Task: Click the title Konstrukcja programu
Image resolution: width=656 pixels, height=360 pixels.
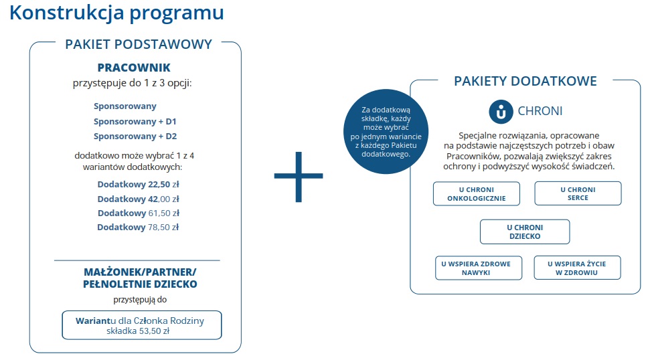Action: point(116,13)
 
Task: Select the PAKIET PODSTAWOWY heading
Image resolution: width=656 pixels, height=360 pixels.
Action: point(139,44)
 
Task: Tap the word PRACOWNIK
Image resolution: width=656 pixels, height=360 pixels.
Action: point(134,68)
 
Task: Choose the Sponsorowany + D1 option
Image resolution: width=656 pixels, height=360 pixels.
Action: point(135,121)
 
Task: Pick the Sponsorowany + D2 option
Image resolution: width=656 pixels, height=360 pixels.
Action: point(135,137)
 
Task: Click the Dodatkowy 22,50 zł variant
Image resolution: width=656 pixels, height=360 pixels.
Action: point(138,184)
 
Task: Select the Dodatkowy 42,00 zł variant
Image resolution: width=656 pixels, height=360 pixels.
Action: point(138,199)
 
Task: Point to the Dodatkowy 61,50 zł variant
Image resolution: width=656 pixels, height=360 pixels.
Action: point(138,213)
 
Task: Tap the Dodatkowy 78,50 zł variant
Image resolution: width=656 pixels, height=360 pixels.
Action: point(138,227)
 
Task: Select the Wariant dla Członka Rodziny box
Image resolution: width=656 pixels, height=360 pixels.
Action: point(141,325)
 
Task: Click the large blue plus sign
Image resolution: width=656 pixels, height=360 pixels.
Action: point(299,176)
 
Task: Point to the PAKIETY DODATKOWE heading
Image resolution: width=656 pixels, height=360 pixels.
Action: point(525,81)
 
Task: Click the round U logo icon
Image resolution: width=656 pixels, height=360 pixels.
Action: point(501,111)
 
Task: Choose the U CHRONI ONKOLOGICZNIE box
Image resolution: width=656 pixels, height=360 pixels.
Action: point(477,193)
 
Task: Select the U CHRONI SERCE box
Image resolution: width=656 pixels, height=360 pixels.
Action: point(578,193)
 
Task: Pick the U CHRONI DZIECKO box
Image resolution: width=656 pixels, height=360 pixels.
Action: point(525,232)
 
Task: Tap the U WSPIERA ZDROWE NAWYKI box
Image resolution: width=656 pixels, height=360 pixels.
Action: point(476,268)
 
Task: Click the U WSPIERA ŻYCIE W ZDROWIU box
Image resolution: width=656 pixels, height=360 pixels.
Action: point(577,268)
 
